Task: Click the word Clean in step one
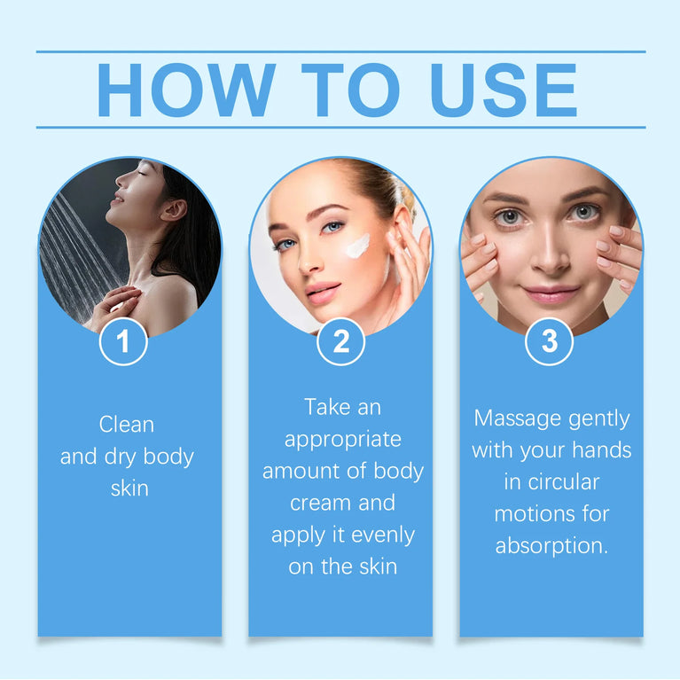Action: coord(127,425)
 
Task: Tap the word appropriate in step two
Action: coord(343,439)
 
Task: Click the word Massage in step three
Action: coord(516,418)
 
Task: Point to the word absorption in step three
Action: coord(551,545)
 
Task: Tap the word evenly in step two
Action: coord(383,535)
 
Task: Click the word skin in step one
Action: coord(129,489)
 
